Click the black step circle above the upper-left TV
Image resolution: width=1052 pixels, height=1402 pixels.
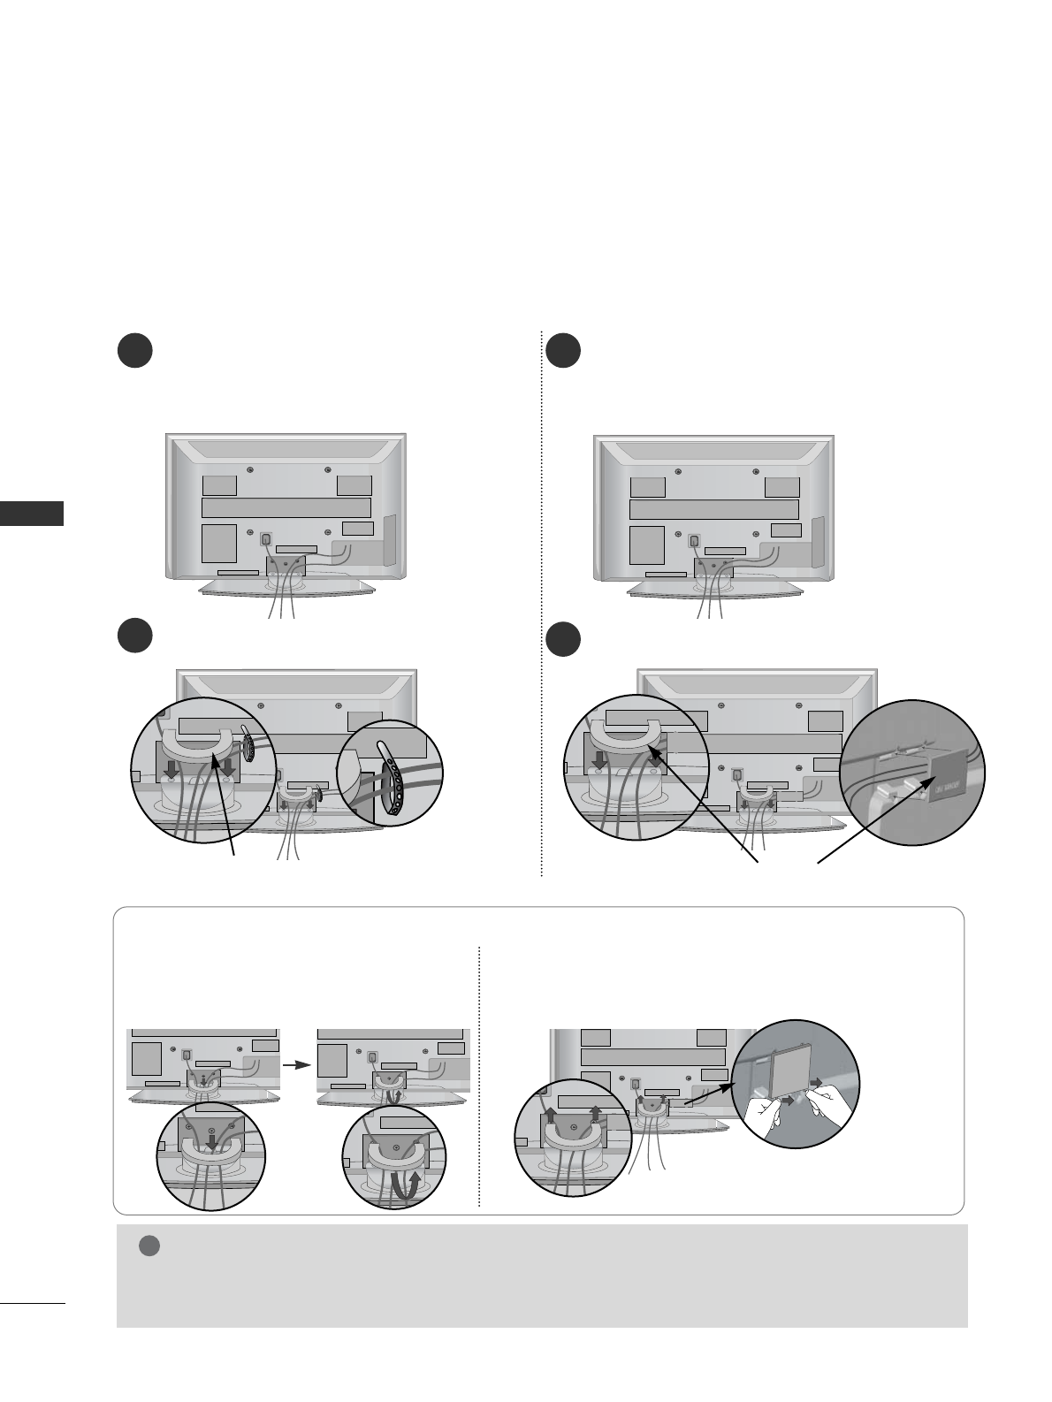pyautogui.click(x=135, y=350)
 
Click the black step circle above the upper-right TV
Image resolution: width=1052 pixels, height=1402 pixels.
pyautogui.click(x=562, y=350)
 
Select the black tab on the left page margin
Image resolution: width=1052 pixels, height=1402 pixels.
pyautogui.click(x=33, y=514)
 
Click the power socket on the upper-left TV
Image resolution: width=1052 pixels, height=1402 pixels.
pyautogui.click(x=265, y=537)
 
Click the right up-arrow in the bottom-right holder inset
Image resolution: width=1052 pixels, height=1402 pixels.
pyautogui.click(x=597, y=1116)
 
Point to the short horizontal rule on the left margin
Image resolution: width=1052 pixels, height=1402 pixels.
pyautogui.click(x=33, y=1301)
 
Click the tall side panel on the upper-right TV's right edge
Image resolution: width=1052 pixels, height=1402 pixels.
pyautogui.click(x=817, y=540)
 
